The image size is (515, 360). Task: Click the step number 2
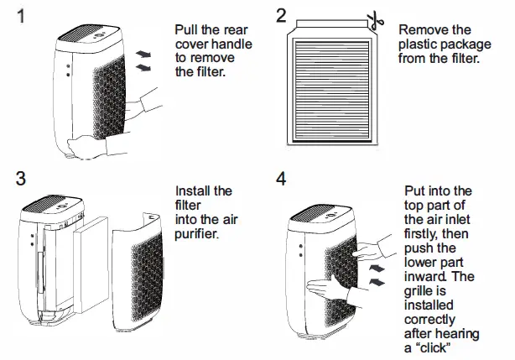pos(281,15)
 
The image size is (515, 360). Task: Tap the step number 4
pos(281,180)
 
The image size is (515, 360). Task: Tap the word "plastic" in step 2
pos(419,44)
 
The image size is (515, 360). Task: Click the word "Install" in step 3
pos(194,191)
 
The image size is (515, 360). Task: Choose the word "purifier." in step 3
pos(198,233)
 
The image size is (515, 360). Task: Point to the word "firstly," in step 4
pos(425,235)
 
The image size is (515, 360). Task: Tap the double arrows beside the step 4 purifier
pos(379,274)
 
